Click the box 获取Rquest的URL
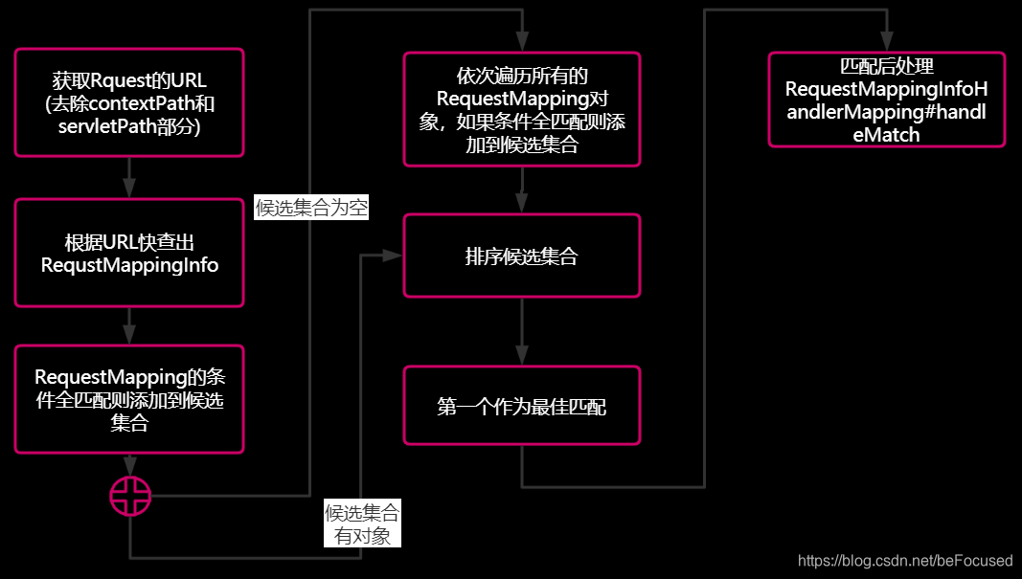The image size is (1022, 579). (129, 102)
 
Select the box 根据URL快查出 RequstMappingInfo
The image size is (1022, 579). (129, 253)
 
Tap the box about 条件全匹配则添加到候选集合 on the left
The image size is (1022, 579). (129, 399)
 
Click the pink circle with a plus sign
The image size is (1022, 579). (129, 495)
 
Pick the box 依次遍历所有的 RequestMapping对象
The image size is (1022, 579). (521, 110)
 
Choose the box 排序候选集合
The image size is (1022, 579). (521, 256)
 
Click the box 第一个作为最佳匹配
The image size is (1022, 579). (521, 405)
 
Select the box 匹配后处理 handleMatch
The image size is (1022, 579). (886, 100)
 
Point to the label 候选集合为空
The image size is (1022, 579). (311, 208)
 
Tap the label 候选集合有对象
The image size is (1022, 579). (362, 523)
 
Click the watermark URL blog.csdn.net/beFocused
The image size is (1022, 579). (905, 560)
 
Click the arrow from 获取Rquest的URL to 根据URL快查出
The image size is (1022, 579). (129, 177)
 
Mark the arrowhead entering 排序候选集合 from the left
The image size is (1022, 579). (392, 256)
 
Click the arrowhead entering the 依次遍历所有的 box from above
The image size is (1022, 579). (521, 42)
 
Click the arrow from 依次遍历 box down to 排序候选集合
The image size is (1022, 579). (521, 190)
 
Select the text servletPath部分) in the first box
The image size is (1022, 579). (129, 125)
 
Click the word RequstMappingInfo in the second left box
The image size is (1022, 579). (129, 265)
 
